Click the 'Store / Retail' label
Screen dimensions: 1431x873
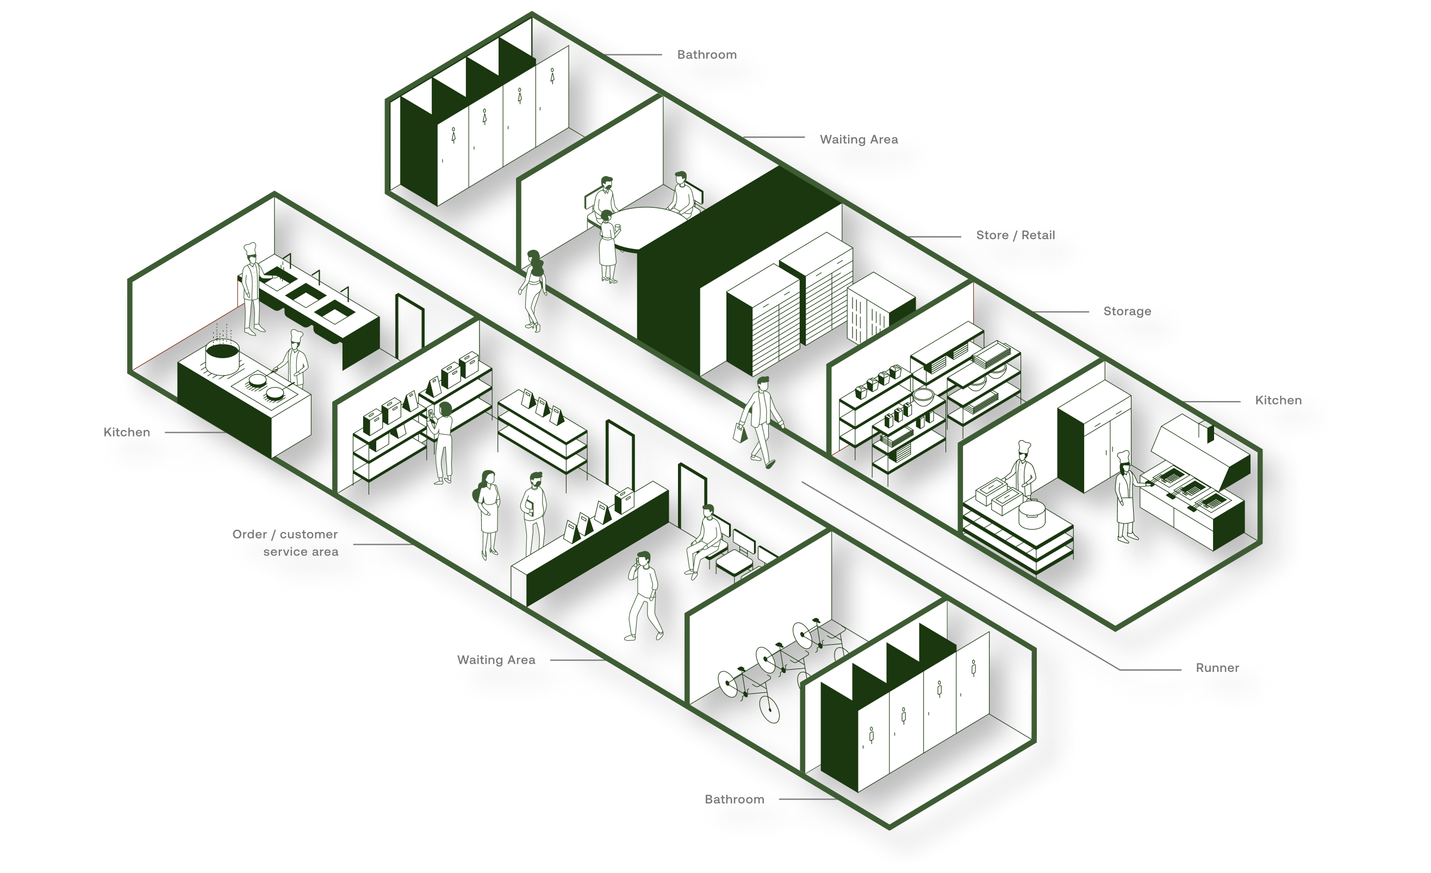pos(1015,235)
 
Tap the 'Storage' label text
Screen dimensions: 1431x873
pos(1127,311)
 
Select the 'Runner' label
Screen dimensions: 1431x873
pos(1217,668)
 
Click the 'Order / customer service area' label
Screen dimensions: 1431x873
pos(285,542)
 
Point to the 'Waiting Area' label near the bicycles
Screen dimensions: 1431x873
pos(496,660)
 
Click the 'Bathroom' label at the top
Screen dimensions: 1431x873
pos(707,54)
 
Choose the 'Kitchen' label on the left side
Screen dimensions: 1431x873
pos(127,432)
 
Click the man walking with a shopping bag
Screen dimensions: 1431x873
pos(760,422)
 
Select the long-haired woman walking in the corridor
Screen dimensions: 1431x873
pos(533,290)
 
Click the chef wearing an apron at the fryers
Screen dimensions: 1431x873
pos(1127,497)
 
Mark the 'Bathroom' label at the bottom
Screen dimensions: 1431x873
pos(734,799)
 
